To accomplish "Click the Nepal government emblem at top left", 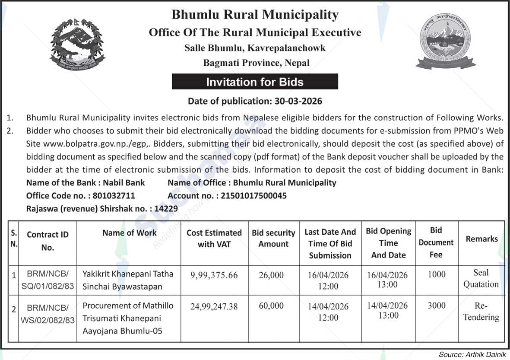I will click(x=76, y=45).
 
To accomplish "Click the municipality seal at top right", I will click(x=445, y=41).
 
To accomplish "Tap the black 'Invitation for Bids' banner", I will click(x=255, y=82).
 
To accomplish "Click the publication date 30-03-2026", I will click(x=298, y=102).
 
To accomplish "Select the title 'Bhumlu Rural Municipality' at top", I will click(x=255, y=15).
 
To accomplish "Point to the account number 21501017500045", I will click(x=253, y=196).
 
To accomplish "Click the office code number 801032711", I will click(x=114, y=196).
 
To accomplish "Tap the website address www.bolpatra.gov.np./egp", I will click(x=78, y=144).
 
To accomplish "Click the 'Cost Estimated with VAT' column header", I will click(x=214, y=239).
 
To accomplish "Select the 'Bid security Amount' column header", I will click(x=273, y=239).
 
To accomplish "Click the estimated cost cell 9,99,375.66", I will click(x=214, y=275).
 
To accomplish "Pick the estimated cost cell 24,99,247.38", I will click(x=214, y=306).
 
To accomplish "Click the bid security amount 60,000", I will click(x=271, y=306).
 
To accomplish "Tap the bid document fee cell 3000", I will click(x=436, y=306).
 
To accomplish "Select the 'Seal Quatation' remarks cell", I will click(x=481, y=279).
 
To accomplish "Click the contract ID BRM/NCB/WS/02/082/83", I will click(x=48, y=314).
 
